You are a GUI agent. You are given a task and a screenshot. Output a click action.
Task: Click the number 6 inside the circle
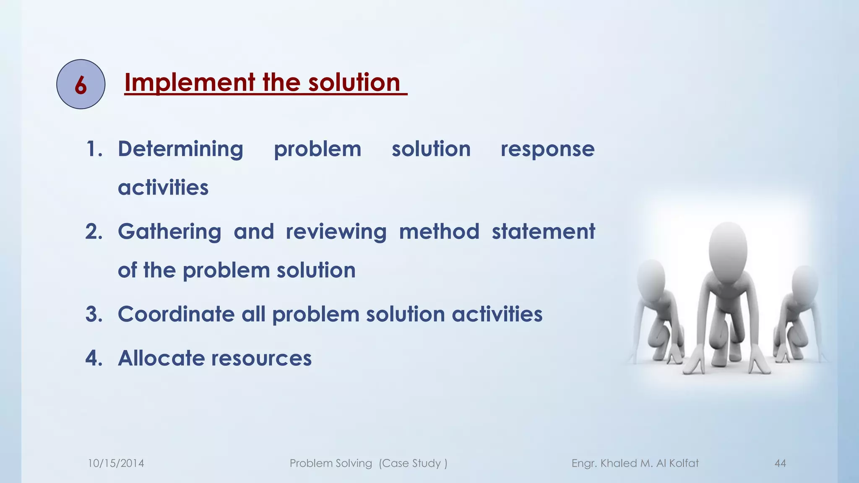click(x=81, y=85)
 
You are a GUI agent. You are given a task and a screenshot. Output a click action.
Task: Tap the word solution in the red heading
click(x=354, y=83)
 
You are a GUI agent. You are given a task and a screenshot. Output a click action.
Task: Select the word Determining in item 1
click(x=180, y=149)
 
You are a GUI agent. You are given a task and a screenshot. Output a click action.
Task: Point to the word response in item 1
click(x=547, y=149)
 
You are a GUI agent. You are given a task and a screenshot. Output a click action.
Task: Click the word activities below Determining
click(x=163, y=187)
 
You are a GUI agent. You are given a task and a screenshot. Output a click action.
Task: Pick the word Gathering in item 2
click(x=169, y=232)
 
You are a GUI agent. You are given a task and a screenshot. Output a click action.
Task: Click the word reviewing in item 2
click(x=336, y=232)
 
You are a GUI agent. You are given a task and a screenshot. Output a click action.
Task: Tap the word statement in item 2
click(x=543, y=232)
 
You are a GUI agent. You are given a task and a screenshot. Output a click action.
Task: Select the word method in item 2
click(x=439, y=232)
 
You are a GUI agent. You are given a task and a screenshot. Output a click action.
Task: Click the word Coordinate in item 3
click(x=176, y=314)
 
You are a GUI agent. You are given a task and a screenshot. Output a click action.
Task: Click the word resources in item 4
click(x=261, y=359)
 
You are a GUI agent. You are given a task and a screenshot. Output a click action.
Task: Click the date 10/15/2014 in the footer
click(x=116, y=463)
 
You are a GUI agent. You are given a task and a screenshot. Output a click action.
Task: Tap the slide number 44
click(x=780, y=463)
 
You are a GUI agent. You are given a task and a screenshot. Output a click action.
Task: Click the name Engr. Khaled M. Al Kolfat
click(x=635, y=463)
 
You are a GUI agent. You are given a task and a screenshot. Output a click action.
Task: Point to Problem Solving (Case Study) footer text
click(x=368, y=463)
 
